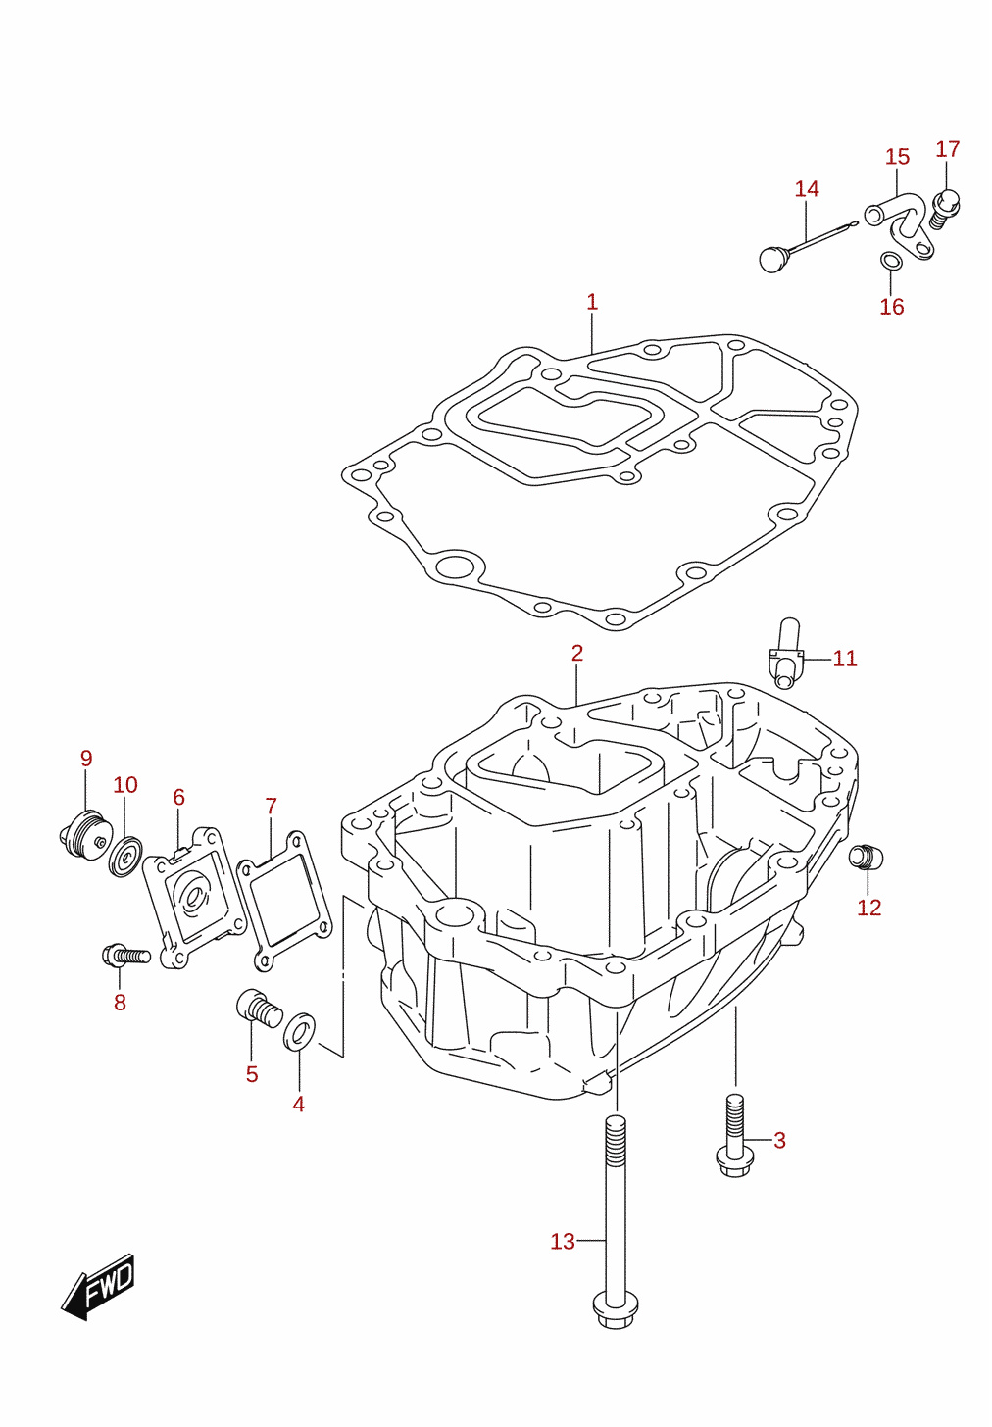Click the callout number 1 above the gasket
click(x=592, y=302)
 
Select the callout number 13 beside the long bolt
click(x=563, y=1241)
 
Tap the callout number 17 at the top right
click(x=947, y=149)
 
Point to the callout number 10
click(x=124, y=785)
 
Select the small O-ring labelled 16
click(x=891, y=261)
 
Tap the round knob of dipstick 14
click(x=774, y=259)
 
